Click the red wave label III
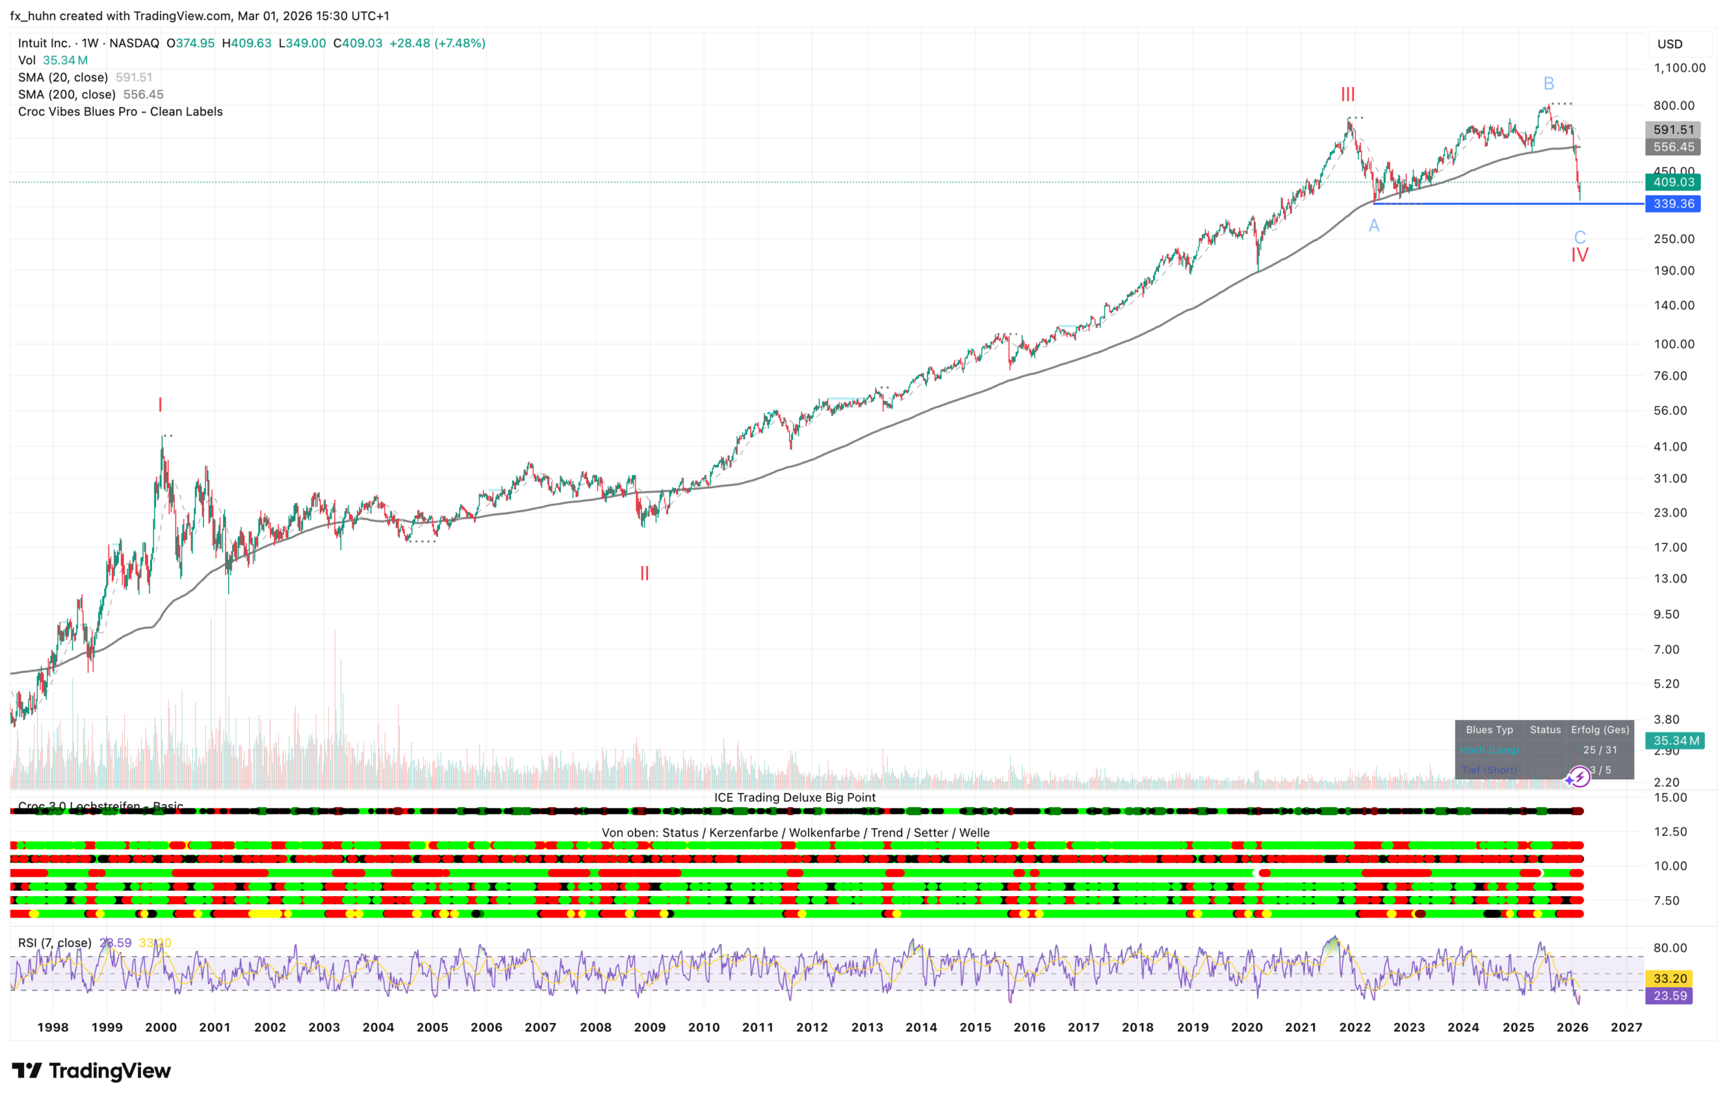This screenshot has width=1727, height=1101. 1348,95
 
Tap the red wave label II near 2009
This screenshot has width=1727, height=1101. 644,574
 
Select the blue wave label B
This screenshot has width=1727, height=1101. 1548,84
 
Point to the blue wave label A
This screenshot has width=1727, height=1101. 1373,226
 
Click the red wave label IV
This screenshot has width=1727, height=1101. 1579,255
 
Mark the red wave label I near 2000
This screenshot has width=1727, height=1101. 160,405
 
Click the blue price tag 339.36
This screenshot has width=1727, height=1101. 1673,204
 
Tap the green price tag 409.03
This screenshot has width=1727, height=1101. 1673,183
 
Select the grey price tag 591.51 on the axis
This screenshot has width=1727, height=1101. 1673,130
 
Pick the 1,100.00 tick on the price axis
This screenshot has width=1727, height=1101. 1679,68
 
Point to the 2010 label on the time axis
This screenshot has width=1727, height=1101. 703,1027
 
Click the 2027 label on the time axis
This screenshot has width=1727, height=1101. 1626,1027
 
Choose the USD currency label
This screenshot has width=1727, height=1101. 1670,44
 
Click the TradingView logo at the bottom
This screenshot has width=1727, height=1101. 92,1071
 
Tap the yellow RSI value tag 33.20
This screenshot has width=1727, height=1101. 1670,978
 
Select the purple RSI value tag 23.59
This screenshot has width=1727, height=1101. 1670,995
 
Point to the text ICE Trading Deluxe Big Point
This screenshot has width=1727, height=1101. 794,798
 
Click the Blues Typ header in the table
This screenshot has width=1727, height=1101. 1489,730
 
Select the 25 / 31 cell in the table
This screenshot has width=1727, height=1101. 1600,750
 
